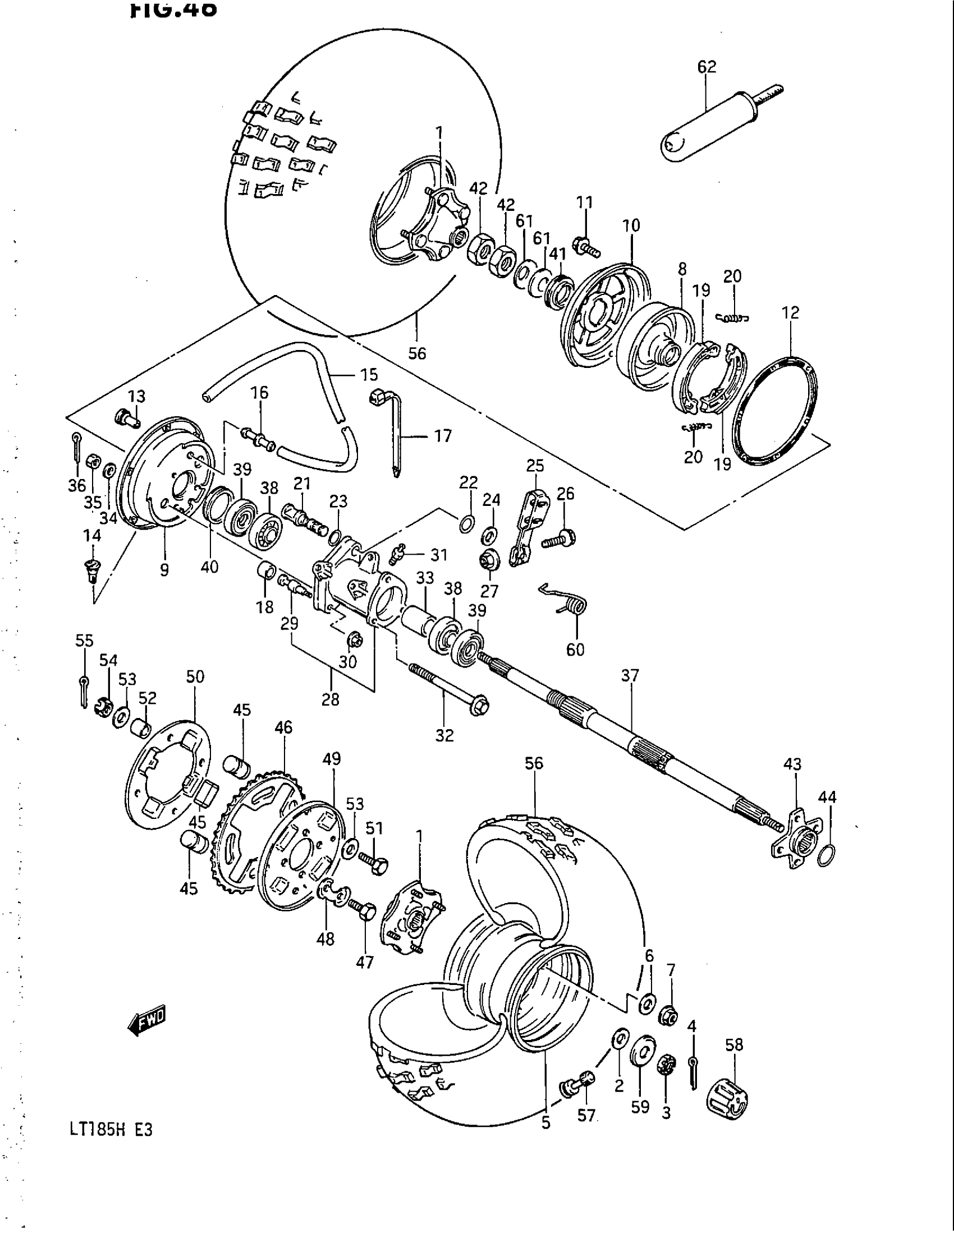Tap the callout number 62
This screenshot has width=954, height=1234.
pos(707,67)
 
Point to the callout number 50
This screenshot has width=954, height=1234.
pos(195,676)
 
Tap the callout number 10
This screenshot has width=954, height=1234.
pos(631,225)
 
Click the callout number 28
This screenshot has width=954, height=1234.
pos(330,699)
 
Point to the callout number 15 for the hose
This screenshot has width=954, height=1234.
pos(369,375)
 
